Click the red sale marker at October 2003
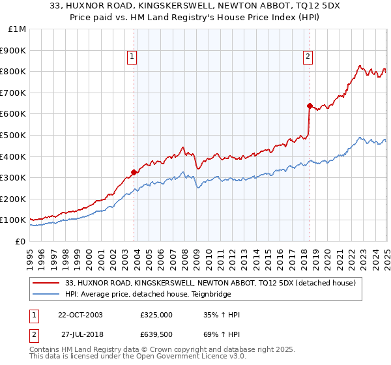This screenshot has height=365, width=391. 134,172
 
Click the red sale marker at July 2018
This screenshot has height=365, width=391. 310,105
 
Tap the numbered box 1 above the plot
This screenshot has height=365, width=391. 132,57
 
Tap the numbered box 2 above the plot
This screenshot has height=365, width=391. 307,57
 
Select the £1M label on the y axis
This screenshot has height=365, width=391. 18,29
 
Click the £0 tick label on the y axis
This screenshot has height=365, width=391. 21,241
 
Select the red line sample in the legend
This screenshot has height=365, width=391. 46,283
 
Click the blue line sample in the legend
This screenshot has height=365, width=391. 46,294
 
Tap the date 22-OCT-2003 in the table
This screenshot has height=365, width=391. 80,315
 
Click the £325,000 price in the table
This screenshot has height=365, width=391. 156,315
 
